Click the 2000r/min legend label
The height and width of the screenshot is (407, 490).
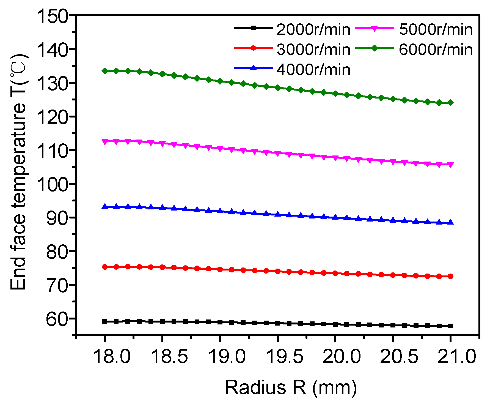pos(313,29)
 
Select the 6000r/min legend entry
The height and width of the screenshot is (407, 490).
pos(436,50)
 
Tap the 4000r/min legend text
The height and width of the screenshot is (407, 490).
pos(313,70)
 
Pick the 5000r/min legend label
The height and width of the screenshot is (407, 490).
pos(436,29)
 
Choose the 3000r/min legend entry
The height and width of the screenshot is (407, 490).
pos(313,50)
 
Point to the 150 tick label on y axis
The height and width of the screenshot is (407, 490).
pos(52,16)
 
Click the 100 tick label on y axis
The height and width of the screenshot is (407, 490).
pos(52,184)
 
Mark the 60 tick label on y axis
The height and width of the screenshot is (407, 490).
pos(57,319)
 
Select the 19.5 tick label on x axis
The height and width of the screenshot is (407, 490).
pos(285,356)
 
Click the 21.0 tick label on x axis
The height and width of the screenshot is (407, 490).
pos(456,356)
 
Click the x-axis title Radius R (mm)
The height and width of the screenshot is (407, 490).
pos(291,387)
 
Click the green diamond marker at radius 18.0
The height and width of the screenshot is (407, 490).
pos(105,71)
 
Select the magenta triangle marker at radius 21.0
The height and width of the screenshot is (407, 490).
pos(450,165)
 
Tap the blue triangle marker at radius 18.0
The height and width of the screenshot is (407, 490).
pos(105,206)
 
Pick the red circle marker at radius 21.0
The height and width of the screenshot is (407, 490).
pos(450,276)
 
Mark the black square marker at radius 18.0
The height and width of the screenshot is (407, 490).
pos(105,321)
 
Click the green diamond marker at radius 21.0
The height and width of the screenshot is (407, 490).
pos(450,103)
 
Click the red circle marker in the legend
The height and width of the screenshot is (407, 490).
pos(254,48)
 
